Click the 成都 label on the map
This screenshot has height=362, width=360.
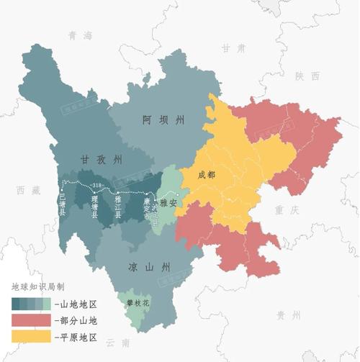[x=206, y=175]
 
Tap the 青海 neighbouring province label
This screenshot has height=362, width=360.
[x=81, y=35]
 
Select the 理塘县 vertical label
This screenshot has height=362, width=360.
[x=95, y=207]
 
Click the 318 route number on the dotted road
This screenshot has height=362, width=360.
[x=98, y=186]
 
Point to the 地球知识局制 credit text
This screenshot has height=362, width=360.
[x=41, y=287]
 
